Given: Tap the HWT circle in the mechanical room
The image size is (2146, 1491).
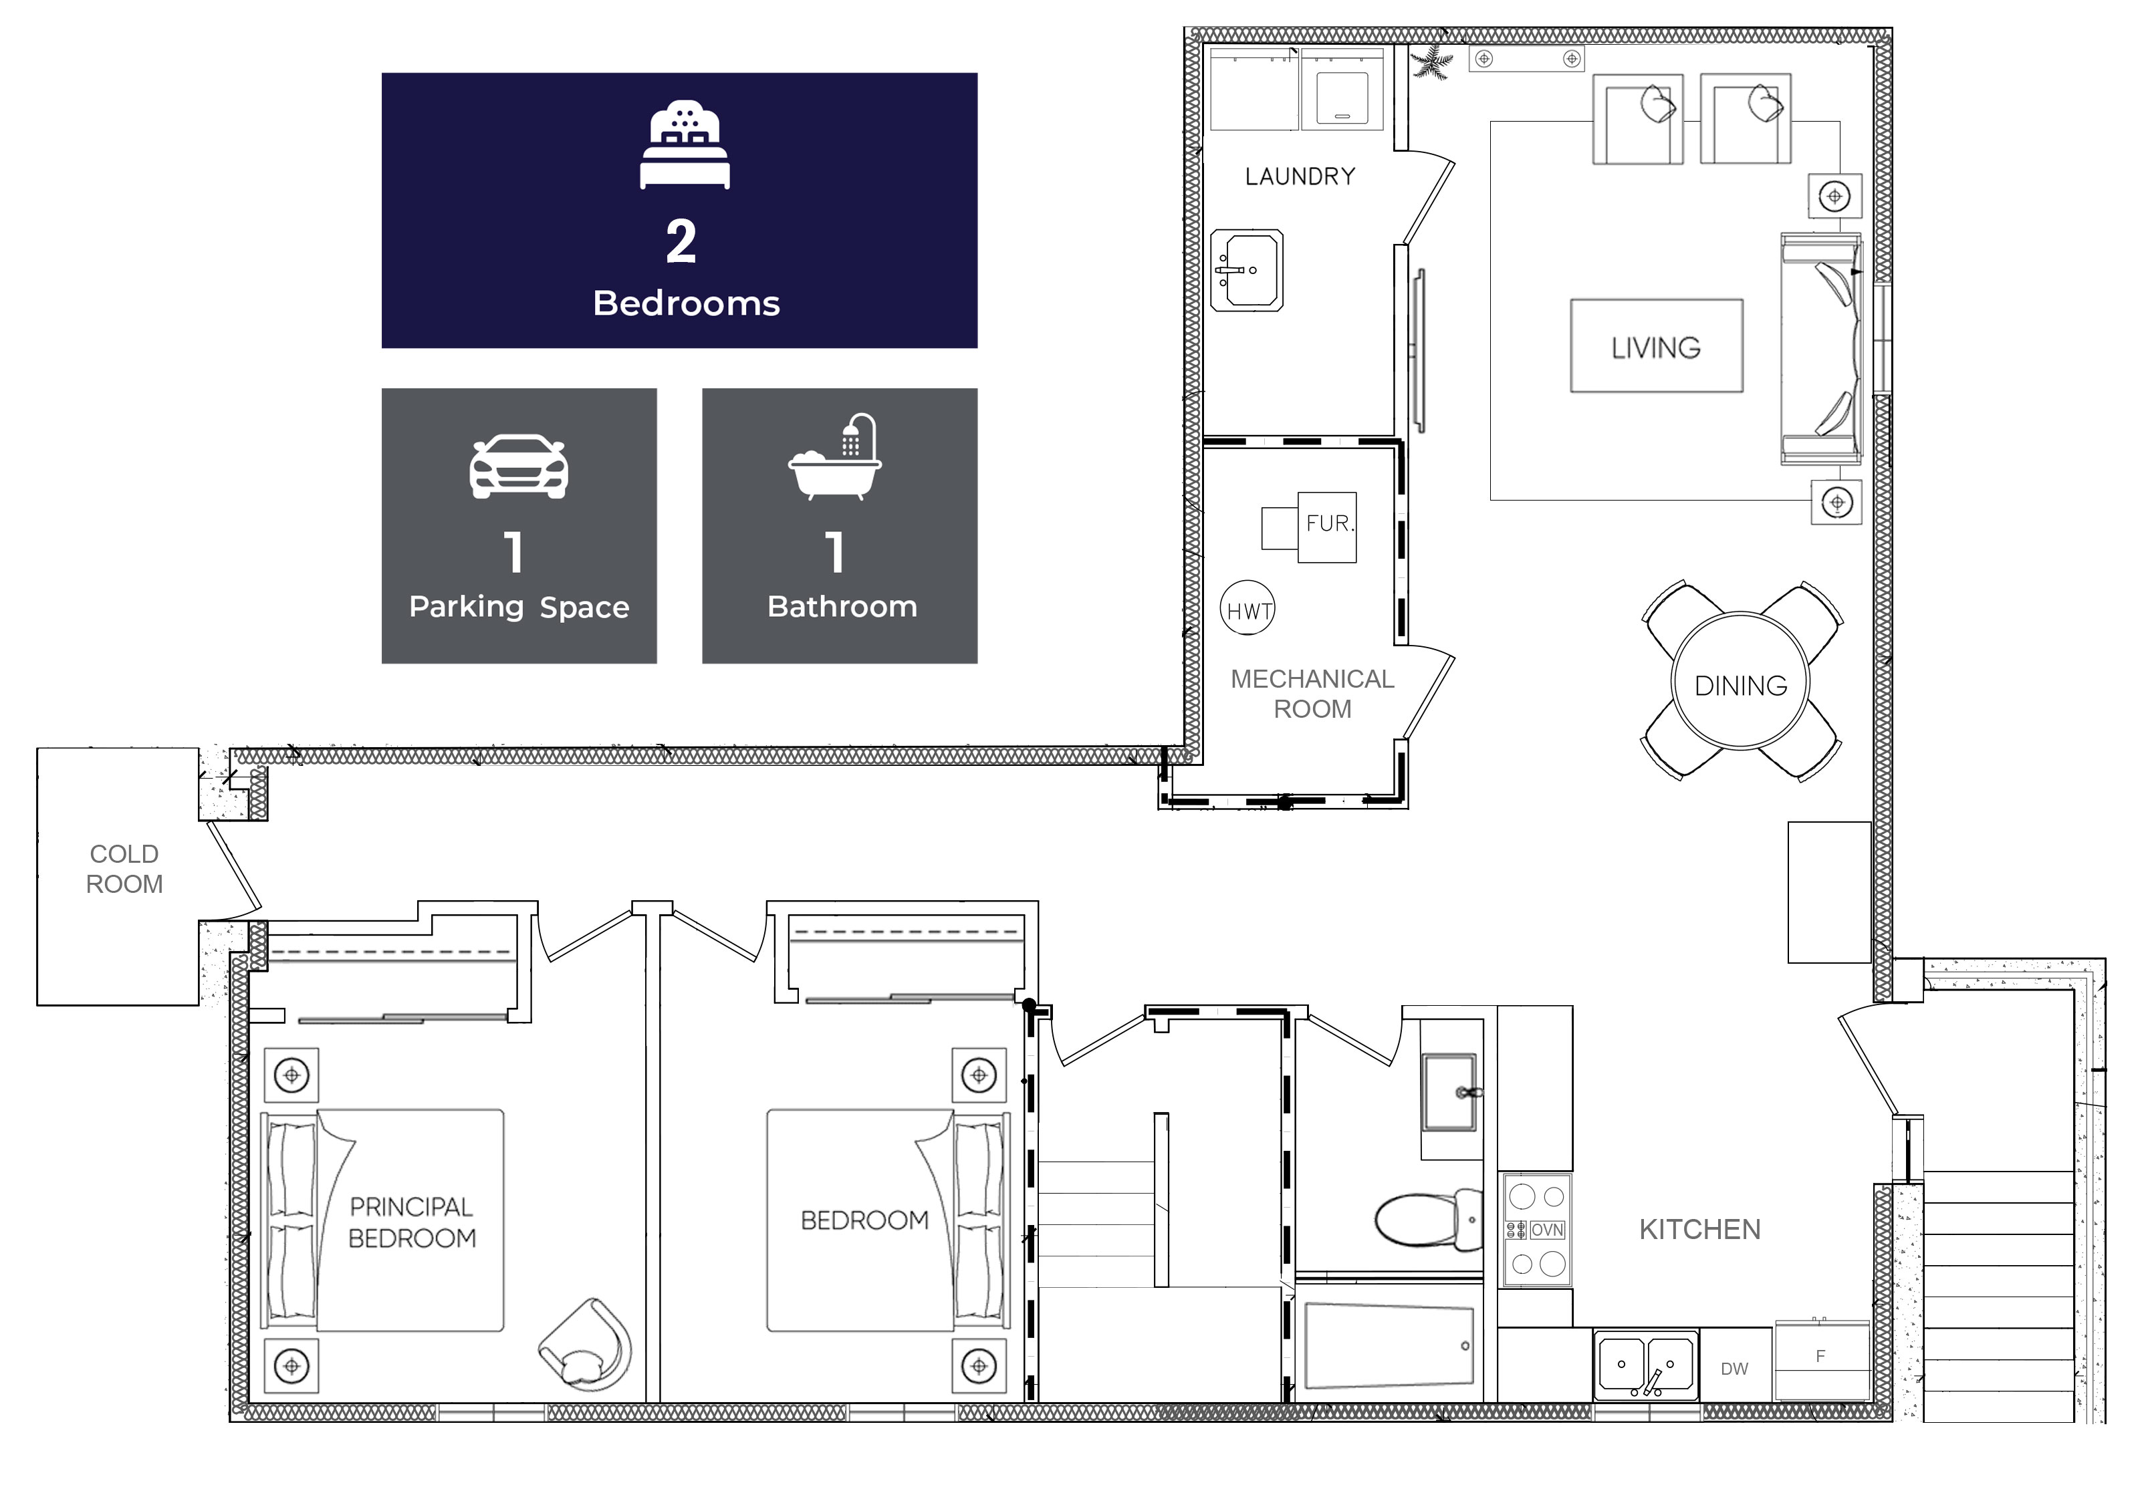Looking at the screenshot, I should pos(1247,610).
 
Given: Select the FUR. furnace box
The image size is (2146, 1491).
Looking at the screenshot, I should pos(1326,525).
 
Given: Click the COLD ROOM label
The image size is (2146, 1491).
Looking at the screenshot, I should pos(124,868).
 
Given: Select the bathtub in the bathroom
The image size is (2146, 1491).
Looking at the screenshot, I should pos(1389,1346).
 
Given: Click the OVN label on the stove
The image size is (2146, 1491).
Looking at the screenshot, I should pos(1546,1230).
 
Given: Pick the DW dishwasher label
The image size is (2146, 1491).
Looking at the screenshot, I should pos(1734,1369).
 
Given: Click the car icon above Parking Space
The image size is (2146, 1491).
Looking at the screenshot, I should pos(519,466).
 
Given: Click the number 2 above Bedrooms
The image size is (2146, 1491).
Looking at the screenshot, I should pos(680,241).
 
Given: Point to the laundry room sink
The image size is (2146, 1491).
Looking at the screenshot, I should pos(1246,271).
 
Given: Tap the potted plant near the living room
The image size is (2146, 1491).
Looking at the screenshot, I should pos(1431,63).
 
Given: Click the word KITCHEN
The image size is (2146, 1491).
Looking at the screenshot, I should pos(1699,1230).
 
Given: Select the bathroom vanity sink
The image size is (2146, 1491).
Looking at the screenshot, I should pos(1448,1091).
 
